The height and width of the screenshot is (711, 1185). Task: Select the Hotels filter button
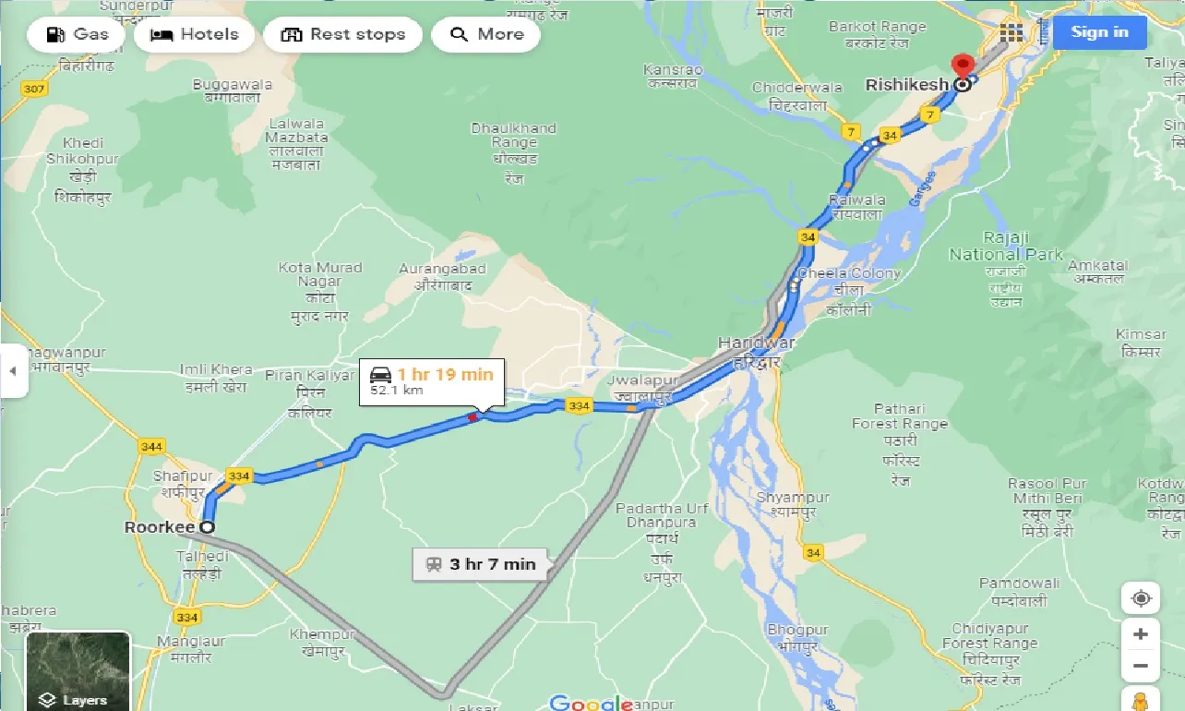click(194, 35)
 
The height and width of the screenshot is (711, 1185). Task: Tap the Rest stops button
click(342, 35)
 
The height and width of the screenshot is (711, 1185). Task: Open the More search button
click(485, 35)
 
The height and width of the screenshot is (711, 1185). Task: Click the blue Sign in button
click(1099, 32)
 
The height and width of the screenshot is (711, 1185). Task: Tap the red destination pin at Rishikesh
click(963, 67)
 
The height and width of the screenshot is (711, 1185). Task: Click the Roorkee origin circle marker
click(208, 527)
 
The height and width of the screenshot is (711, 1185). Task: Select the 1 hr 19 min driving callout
click(432, 381)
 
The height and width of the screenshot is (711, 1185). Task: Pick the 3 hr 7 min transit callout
click(481, 563)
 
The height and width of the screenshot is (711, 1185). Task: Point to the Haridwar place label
click(756, 343)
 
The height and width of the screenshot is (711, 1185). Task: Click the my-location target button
click(1141, 598)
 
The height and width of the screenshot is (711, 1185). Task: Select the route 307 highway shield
click(35, 89)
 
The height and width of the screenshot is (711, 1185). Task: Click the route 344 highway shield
click(151, 447)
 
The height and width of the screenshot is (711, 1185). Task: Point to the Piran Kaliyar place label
click(309, 376)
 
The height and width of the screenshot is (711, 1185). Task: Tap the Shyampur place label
click(793, 497)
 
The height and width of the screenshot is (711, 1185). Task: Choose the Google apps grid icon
click(1011, 32)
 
